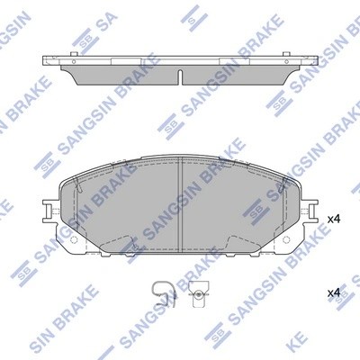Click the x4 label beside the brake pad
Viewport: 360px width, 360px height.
click(333, 219)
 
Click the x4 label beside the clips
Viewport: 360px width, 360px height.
click(333, 293)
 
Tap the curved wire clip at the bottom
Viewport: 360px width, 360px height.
click(161, 292)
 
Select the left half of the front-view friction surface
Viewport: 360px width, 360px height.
click(126, 202)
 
